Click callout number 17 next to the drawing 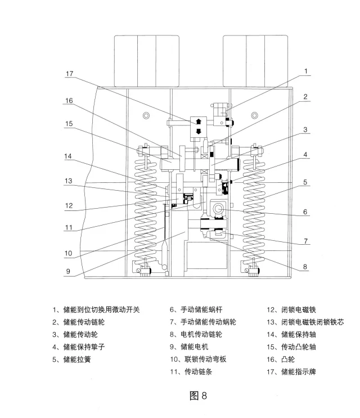tap(69, 74)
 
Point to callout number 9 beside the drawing tap(68, 271)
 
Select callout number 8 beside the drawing tap(305, 267)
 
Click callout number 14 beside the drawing tap(68, 156)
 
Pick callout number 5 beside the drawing tap(305, 182)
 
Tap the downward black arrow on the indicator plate tap(198, 132)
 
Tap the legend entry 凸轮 tap(284, 359)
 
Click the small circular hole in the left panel tap(146, 116)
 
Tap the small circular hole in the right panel tap(257, 116)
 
